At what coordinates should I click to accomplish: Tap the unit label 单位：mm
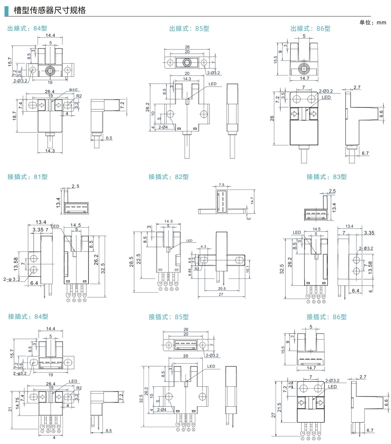(372, 23)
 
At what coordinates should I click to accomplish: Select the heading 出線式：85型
(189, 29)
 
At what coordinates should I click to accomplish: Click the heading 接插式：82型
(168, 177)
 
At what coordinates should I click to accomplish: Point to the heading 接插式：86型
(326, 317)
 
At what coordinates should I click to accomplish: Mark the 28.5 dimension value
(131, 261)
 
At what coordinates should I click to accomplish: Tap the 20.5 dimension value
(222, 289)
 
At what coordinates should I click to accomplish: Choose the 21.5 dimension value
(280, 407)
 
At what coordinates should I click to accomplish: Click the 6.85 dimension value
(190, 272)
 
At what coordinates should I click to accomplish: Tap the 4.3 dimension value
(203, 247)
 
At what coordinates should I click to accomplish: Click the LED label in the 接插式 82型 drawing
(189, 241)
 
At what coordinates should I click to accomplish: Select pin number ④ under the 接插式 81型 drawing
(85, 300)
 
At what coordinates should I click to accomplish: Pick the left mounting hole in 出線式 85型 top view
(170, 63)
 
